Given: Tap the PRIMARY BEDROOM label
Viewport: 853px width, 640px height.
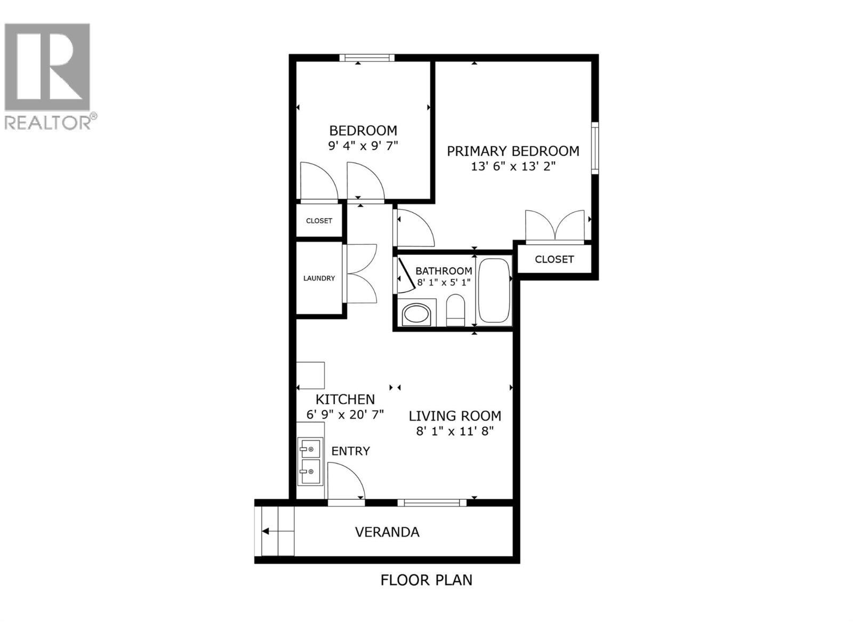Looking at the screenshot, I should [x=513, y=151].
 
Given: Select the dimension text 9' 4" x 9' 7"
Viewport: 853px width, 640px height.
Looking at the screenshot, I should [x=363, y=146].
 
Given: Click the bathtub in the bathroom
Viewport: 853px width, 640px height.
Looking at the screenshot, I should [x=494, y=291].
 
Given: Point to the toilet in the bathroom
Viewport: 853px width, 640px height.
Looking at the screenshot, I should [x=455, y=310].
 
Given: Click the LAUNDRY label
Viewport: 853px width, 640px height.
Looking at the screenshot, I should [x=319, y=278].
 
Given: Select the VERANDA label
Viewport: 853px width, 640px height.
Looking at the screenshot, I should [x=387, y=532].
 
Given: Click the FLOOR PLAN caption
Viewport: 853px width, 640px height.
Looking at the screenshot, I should [x=426, y=580].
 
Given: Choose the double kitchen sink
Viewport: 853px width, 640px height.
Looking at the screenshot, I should [x=310, y=461].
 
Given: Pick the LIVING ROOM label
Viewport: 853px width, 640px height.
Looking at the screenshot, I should [x=455, y=415].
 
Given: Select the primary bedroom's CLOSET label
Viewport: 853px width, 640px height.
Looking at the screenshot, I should [x=554, y=259].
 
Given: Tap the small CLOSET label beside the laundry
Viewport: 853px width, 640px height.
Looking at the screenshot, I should [x=319, y=221].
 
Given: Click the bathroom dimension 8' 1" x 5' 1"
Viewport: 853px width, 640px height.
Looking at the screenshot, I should [x=444, y=282].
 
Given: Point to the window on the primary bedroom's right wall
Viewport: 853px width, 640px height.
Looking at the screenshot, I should [x=594, y=147].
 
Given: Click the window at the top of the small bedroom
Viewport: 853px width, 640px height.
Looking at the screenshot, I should [x=367, y=58].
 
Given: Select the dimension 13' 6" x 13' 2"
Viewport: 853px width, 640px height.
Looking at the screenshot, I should [x=513, y=166].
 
